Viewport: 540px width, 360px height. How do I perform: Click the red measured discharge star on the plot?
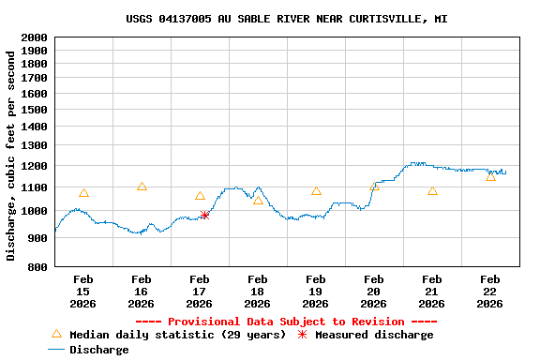tap(204, 215)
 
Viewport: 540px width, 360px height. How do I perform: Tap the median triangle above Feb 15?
tap(83, 193)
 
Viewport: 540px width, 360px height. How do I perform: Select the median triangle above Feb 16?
tap(142, 187)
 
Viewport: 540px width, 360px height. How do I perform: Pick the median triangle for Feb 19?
tap(316, 191)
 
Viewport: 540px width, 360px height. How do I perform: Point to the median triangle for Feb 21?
tap(432, 191)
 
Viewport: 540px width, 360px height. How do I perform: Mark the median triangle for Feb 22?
tap(490, 176)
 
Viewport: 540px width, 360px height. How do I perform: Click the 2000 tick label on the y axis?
tap(34, 37)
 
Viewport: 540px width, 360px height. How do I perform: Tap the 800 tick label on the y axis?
tap(37, 267)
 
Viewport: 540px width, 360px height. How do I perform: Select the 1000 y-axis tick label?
tap(34, 211)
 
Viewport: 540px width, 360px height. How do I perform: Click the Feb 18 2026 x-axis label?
tap(257, 291)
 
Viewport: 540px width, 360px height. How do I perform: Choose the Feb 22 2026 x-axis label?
tap(489, 291)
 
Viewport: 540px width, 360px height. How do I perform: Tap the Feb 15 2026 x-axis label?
tap(83, 291)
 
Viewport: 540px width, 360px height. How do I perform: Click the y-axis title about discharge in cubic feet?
tap(11, 156)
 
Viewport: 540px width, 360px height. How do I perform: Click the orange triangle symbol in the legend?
tap(56, 334)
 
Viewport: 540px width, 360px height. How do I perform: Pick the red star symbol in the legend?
tap(302, 335)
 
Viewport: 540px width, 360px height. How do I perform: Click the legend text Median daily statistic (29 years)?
tap(177, 335)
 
